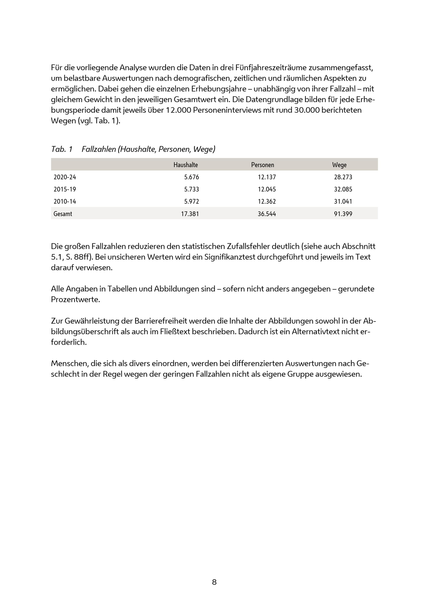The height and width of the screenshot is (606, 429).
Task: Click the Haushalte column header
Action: (x=186, y=165)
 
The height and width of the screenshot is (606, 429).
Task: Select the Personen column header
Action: (x=262, y=165)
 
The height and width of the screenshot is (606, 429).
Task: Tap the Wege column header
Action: (x=339, y=165)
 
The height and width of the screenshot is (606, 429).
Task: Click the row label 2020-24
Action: (x=65, y=177)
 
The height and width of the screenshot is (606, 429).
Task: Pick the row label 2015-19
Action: (x=65, y=189)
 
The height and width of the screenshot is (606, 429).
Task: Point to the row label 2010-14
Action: (x=65, y=201)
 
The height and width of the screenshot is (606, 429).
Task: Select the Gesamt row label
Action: (x=63, y=214)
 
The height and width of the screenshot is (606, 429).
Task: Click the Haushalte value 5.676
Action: (x=192, y=177)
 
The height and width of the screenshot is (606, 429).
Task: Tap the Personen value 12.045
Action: (x=267, y=189)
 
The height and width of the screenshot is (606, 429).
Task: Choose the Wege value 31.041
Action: (x=343, y=201)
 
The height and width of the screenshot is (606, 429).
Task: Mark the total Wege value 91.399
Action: (x=343, y=214)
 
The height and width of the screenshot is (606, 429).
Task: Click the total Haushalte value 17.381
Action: (x=190, y=214)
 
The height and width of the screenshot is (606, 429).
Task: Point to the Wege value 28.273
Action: (x=343, y=177)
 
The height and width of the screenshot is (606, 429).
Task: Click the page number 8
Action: (x=214, y=582)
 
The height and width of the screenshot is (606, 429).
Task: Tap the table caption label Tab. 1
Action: (x=62, y=149)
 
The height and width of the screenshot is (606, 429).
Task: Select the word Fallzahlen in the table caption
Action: (x=98, y=149)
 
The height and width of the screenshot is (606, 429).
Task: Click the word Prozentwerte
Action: (x=75, y=300)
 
